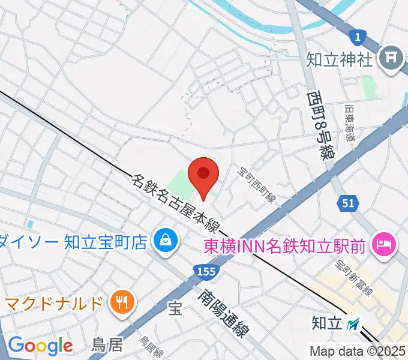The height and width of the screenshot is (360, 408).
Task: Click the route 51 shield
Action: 349,203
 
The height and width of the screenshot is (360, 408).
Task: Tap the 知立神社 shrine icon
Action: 392,58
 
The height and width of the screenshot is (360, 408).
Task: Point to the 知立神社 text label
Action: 340,59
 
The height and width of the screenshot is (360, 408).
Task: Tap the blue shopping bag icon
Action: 164,241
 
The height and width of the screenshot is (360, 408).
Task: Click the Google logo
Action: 40,346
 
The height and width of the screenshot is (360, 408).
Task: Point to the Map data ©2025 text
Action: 358,351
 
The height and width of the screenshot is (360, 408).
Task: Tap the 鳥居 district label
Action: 107,345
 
